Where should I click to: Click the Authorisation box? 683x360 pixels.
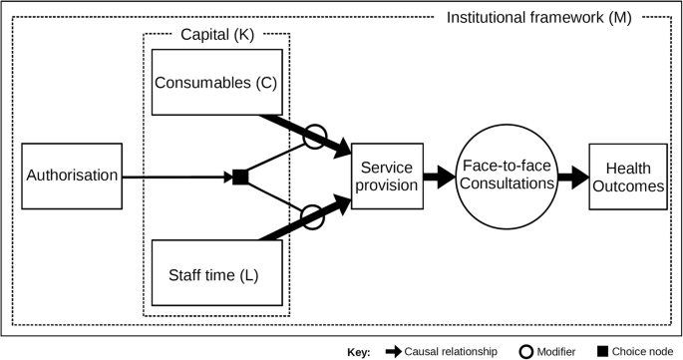tap(71, 177)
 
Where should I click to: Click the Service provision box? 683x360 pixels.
tap(386, 178)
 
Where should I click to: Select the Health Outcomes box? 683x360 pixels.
tap(627, 177)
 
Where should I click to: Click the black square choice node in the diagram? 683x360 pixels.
tap(239, 178)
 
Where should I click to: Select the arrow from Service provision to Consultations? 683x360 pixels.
tap(437, 178)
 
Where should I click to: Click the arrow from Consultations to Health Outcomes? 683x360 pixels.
tap(571, 178)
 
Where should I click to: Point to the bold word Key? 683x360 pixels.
tap(359, 351)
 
